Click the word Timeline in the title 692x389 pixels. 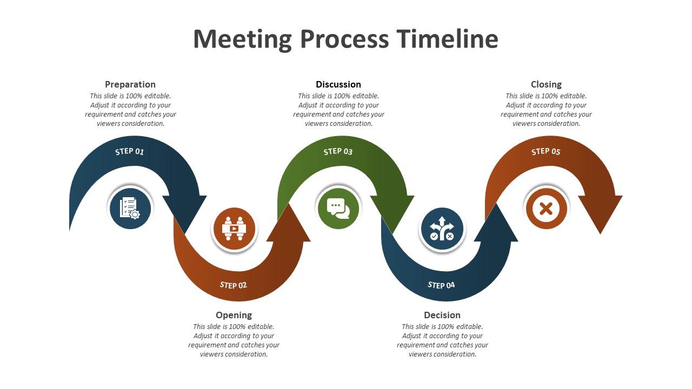click(x=447, y=39)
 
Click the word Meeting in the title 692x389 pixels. click(x=243, y=39)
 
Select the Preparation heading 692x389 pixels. click(x=130, y=85)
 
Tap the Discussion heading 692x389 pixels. click(x=338, y=84)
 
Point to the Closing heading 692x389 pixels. click(x=546, y=85)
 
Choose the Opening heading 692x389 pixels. click(x=234, y=315)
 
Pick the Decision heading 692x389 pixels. click(x=442, y=315)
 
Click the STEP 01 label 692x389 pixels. click(x=129, y=151)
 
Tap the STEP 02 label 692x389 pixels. click(x=233, y=285)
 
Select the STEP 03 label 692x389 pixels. click(x=338, y=151)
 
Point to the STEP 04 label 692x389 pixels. click(x=441, y=285)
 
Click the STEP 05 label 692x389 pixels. click(x=546, y=151)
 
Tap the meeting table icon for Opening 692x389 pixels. click(x=234, y=229)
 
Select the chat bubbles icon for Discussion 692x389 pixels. click(x=338, y=208)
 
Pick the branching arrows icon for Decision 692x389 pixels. click(x=442, y=229)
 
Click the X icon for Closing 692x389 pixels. click(x=546, y=209)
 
